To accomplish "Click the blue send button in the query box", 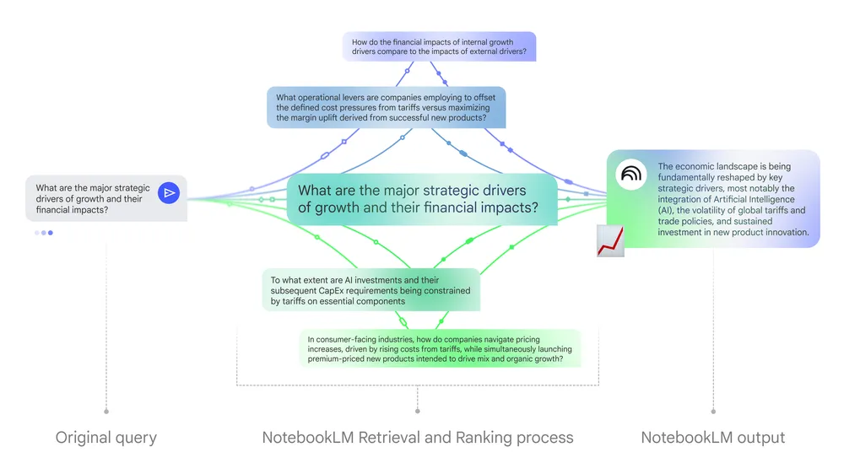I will [170, 193].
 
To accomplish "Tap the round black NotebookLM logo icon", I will [631, 173].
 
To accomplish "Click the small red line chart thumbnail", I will [610, 240].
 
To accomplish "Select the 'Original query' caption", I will [106, 437].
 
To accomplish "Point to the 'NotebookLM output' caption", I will [713, 437].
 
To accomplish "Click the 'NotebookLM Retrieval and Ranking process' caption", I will [418, 437].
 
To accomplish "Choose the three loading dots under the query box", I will [44, 233].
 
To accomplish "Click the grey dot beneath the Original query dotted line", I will [106, 412].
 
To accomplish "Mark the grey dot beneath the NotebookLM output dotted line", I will [713, 412].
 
